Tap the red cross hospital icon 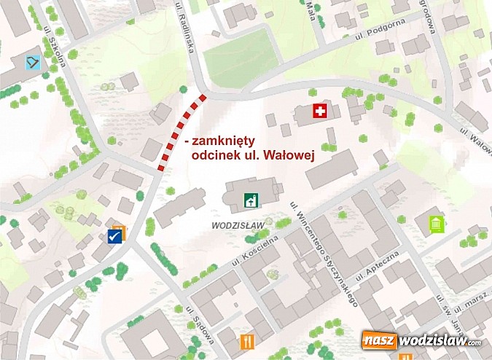click(x=319, y=111)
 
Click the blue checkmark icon click(x=114, y=235)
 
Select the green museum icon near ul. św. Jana click(x=437, y=223)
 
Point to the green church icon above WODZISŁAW click(x=251, y=199)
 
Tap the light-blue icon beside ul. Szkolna click(x=33, y=62)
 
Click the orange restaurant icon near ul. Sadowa click(x=248, y=341)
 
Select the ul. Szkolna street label click(x=55, y=50)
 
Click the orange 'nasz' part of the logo click(x=380, y=340)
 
